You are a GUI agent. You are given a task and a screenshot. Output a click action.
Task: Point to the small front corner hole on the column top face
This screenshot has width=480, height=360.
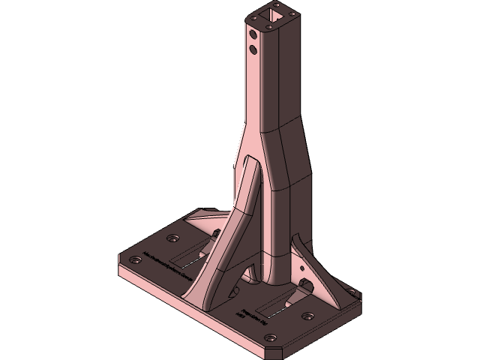point(268,25)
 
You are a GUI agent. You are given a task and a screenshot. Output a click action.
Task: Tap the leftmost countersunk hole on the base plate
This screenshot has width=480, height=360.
point(135,260)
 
